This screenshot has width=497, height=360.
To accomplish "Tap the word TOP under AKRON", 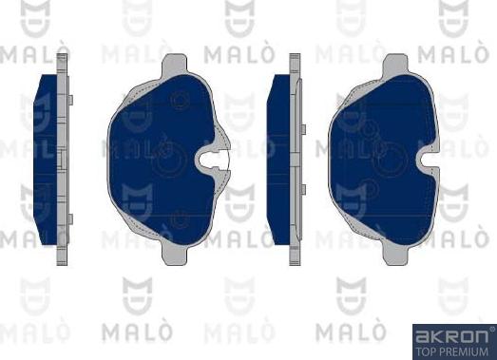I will click(426, 351).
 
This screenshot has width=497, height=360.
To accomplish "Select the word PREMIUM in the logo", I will click(465, 351).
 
